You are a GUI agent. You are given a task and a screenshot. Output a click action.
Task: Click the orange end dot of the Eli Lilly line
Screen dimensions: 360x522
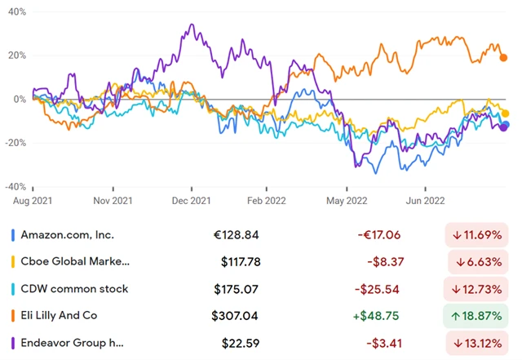click(x=504, y=57)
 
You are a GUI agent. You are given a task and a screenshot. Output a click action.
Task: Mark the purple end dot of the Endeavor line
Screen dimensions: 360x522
click(x=504, y=127)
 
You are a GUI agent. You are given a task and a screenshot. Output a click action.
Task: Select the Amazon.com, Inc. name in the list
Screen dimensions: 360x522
click(x=68, y=235)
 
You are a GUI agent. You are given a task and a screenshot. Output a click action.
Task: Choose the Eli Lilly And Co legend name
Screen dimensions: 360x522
click(x=62, y=314)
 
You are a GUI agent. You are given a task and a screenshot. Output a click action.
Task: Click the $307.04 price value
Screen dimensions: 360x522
click(x=235, y=314)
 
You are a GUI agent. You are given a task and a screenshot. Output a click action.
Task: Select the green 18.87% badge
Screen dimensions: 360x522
click(x=478, y=314)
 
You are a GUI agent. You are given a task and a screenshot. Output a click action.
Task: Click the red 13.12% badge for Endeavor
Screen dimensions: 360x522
click(x=478, y=341)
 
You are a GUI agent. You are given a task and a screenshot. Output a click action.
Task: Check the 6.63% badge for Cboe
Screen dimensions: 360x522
click(x=478, y=262)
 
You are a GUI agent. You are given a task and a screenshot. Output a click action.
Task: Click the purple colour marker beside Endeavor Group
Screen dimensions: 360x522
click(x=13, y=341)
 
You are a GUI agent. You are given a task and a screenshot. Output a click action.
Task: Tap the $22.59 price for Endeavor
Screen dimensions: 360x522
click(x=240, y=341)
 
